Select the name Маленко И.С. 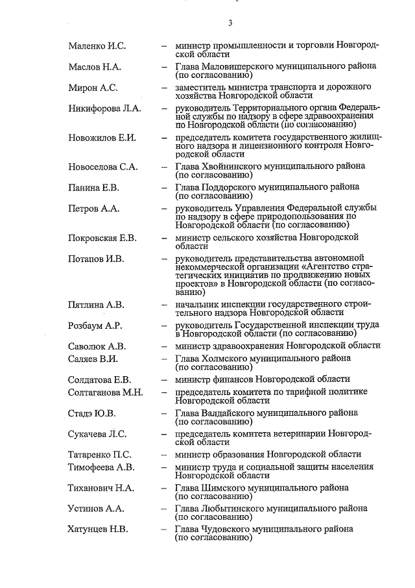coord(97,45)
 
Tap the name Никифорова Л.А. coord(104,109)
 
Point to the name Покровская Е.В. coord(102,238)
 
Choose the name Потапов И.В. coord(95,259)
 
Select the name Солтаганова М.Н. coord(105,392)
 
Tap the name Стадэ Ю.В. coord(91,413)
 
